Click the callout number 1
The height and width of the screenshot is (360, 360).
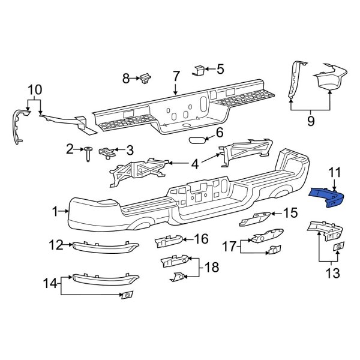[55, 211]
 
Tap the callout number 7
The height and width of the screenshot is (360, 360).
[176, 77]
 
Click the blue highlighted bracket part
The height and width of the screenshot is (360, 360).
[329, 197]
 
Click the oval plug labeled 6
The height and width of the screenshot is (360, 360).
[197, 140]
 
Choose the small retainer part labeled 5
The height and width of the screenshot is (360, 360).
[199, 71]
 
